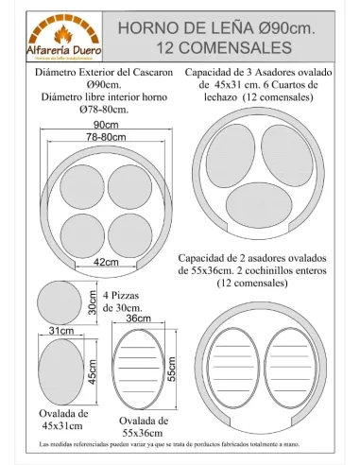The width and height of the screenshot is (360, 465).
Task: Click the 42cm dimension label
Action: click(106, 262)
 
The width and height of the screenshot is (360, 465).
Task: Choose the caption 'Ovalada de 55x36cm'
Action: click(144, 426)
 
